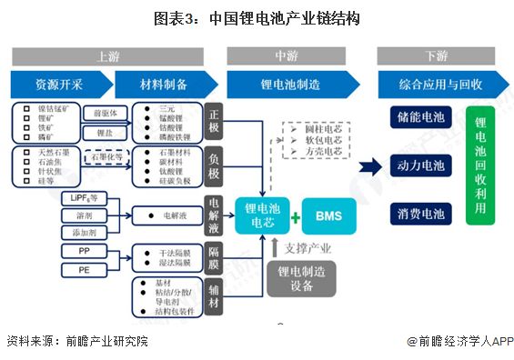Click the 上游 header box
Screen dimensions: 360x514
coord(109,56)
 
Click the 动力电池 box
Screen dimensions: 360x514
coord(421,166)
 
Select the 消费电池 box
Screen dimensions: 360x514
coord(421,214)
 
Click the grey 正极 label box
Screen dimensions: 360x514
coord(214,121)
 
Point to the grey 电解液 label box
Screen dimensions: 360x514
coord(214,215)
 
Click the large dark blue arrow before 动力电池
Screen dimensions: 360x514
coord(369,166)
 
